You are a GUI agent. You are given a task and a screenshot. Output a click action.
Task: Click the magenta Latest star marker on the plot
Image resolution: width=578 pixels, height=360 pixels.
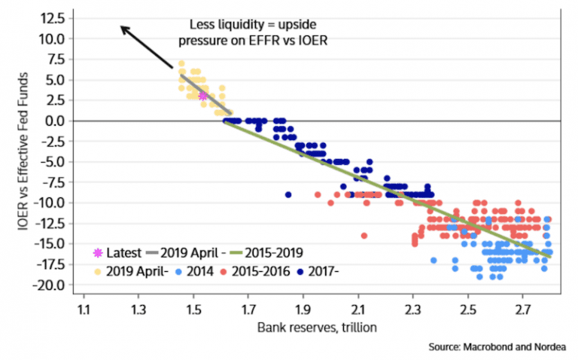coord(202,96)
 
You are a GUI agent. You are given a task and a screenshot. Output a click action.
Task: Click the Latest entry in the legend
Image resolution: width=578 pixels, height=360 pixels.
coord(119,252)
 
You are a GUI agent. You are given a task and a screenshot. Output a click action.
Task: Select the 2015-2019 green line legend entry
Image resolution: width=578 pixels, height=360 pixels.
coord(271,252)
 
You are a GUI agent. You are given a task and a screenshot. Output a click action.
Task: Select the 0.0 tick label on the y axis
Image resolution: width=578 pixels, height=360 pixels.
coord(65,121)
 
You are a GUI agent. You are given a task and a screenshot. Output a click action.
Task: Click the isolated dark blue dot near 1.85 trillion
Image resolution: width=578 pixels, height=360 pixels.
coord(288,194)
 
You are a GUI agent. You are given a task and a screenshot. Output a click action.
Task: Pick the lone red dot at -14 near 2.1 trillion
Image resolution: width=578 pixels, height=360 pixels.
coord(364,236)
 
